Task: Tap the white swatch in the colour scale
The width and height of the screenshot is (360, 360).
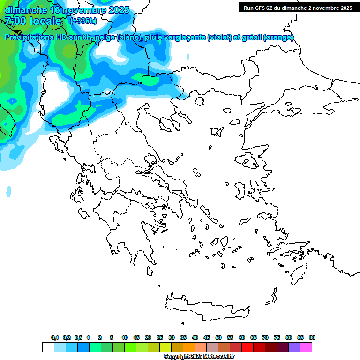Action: pos(48,347)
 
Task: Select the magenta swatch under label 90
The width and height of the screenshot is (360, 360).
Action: pos(306,347)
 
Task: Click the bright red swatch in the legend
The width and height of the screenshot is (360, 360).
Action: pos(247,347)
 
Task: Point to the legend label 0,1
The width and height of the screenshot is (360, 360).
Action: pos(55,337)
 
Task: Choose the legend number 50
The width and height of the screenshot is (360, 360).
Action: pos(218,337)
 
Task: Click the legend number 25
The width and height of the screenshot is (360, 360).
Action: pos(160,337)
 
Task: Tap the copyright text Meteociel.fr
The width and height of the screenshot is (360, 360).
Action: pos(218,357)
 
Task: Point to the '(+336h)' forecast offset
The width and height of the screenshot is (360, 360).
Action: pos(83,21)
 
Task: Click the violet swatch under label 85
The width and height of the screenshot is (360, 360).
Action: pos(294,347)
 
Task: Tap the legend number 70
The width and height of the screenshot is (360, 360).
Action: pos(265,337)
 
